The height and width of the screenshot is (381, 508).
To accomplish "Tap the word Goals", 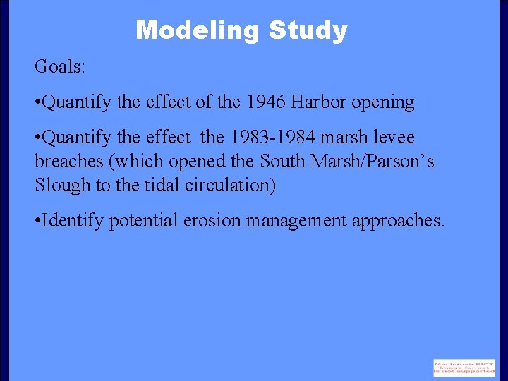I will pos(59,68).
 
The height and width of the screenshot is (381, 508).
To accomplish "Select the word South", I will pos(282,161).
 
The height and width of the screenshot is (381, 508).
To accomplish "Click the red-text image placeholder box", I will pos(464,368).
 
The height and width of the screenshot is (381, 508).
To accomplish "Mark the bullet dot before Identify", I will pos(37,221).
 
